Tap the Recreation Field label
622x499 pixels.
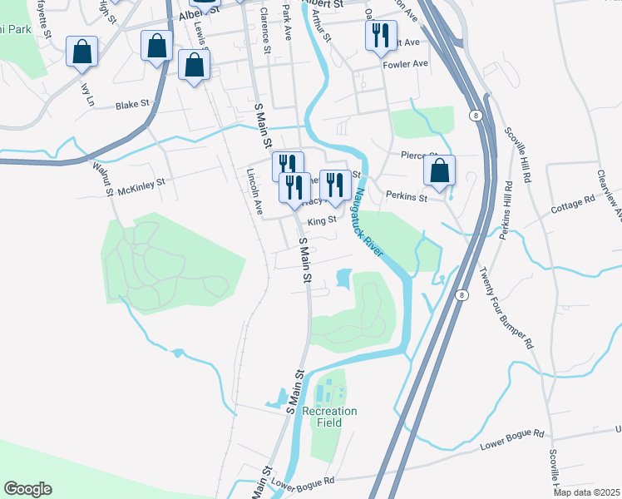pyautogui.click(x=329, y=417)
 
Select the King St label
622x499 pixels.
pyautogui.click(x=321, y=220)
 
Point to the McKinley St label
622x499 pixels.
pyautogui.click(x=143, y=183)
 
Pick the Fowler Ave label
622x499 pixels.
pyautogui.click(x=405, y=63)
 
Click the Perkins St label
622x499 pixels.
pyautogui.click(x=407, y=198)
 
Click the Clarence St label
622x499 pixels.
pyautogui.click(x=264, y=32)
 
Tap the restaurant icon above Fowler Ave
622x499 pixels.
pyautogui.click(x=377, y=34)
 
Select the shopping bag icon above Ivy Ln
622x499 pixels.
pyautogui.click(x=82, y=52)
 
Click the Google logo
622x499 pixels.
pyautogui.click(x=27, y=489)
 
